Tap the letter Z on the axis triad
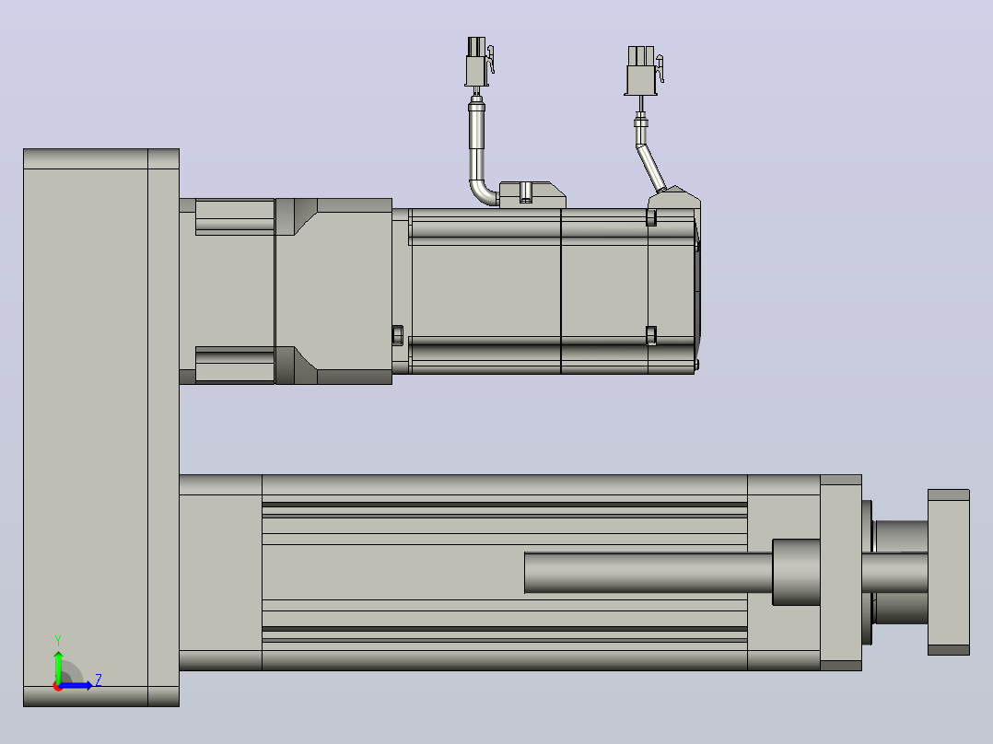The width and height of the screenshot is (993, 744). click(x=99, y=680)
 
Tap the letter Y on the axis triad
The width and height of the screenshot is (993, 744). click(x=58, y=640)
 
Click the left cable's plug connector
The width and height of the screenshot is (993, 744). click(x=477, y=62)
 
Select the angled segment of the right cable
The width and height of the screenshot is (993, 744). click(x=650, y=168)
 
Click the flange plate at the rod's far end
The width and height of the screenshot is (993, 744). click(x=948, y=572)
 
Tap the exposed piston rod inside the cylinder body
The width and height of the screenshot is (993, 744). click(x=648, y=573)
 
